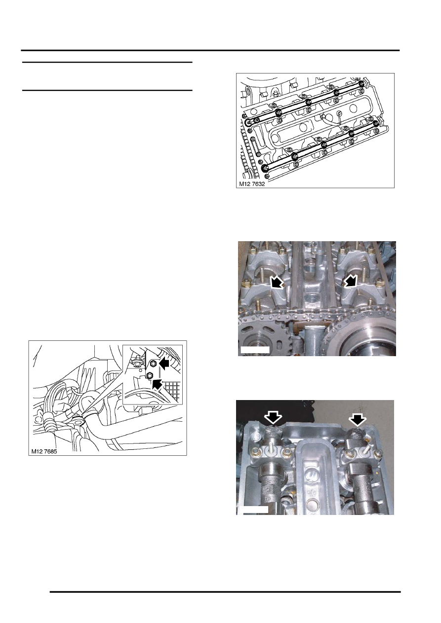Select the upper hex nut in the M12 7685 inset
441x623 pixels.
pos(153,364)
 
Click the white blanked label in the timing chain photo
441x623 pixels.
pos(254,350)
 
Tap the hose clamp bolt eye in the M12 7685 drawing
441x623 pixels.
pos(78,420)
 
